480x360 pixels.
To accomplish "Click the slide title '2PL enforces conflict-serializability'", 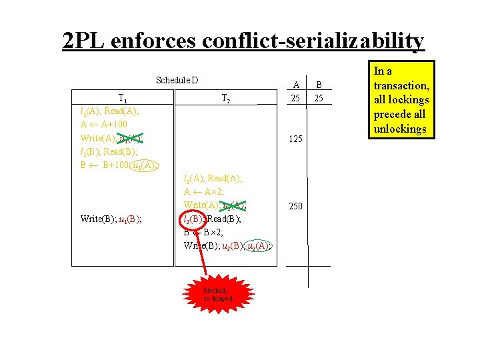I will [x=243, y=41].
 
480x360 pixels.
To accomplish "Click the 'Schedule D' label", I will [x=177, y=81].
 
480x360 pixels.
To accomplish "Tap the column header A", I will [x=295, y=85].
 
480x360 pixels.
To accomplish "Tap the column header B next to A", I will [x=319, y=85].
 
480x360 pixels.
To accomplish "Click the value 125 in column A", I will [x=295, y=139].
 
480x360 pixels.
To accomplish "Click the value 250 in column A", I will [x=295, y=206].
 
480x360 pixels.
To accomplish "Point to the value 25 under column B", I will [x=319, y=99].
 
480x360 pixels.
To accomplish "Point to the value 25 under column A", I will [x=295, y=99].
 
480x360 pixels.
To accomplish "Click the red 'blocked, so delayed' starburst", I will [x=218, y=294].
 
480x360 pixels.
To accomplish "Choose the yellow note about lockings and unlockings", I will [x=401, y=99].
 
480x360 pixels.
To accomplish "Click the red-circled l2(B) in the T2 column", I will [x=194, y=219].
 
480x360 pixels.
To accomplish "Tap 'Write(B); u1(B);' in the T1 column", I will [x=110, y=219].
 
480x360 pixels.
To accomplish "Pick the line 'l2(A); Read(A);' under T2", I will [x=213, y=178].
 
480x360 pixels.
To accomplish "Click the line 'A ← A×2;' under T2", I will [x=205, y=191].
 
